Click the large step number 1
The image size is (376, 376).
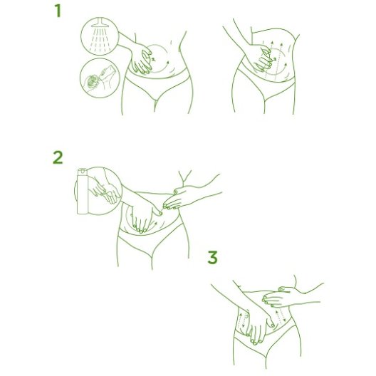pos(58,11)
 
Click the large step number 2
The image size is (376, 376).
pos(58,157)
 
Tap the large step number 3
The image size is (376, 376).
pos(212,257)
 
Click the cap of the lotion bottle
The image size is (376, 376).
pos(83,171)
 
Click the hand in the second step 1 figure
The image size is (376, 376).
pos(261,58)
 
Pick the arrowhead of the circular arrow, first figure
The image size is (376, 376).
pos(168,63)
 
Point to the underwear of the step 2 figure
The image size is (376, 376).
pos(151,240)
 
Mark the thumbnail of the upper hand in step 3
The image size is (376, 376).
pos(281,288)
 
